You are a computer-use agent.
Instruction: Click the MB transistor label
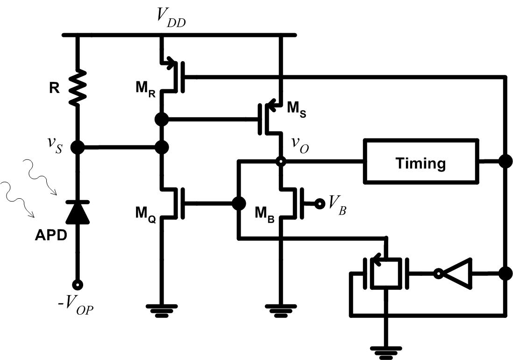(264, 213)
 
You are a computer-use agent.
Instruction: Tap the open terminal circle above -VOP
(78, 284)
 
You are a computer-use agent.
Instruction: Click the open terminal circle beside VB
(320, 203)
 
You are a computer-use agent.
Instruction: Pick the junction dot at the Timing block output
(505, 162)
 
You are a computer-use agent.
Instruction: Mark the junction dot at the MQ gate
(239, 203)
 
